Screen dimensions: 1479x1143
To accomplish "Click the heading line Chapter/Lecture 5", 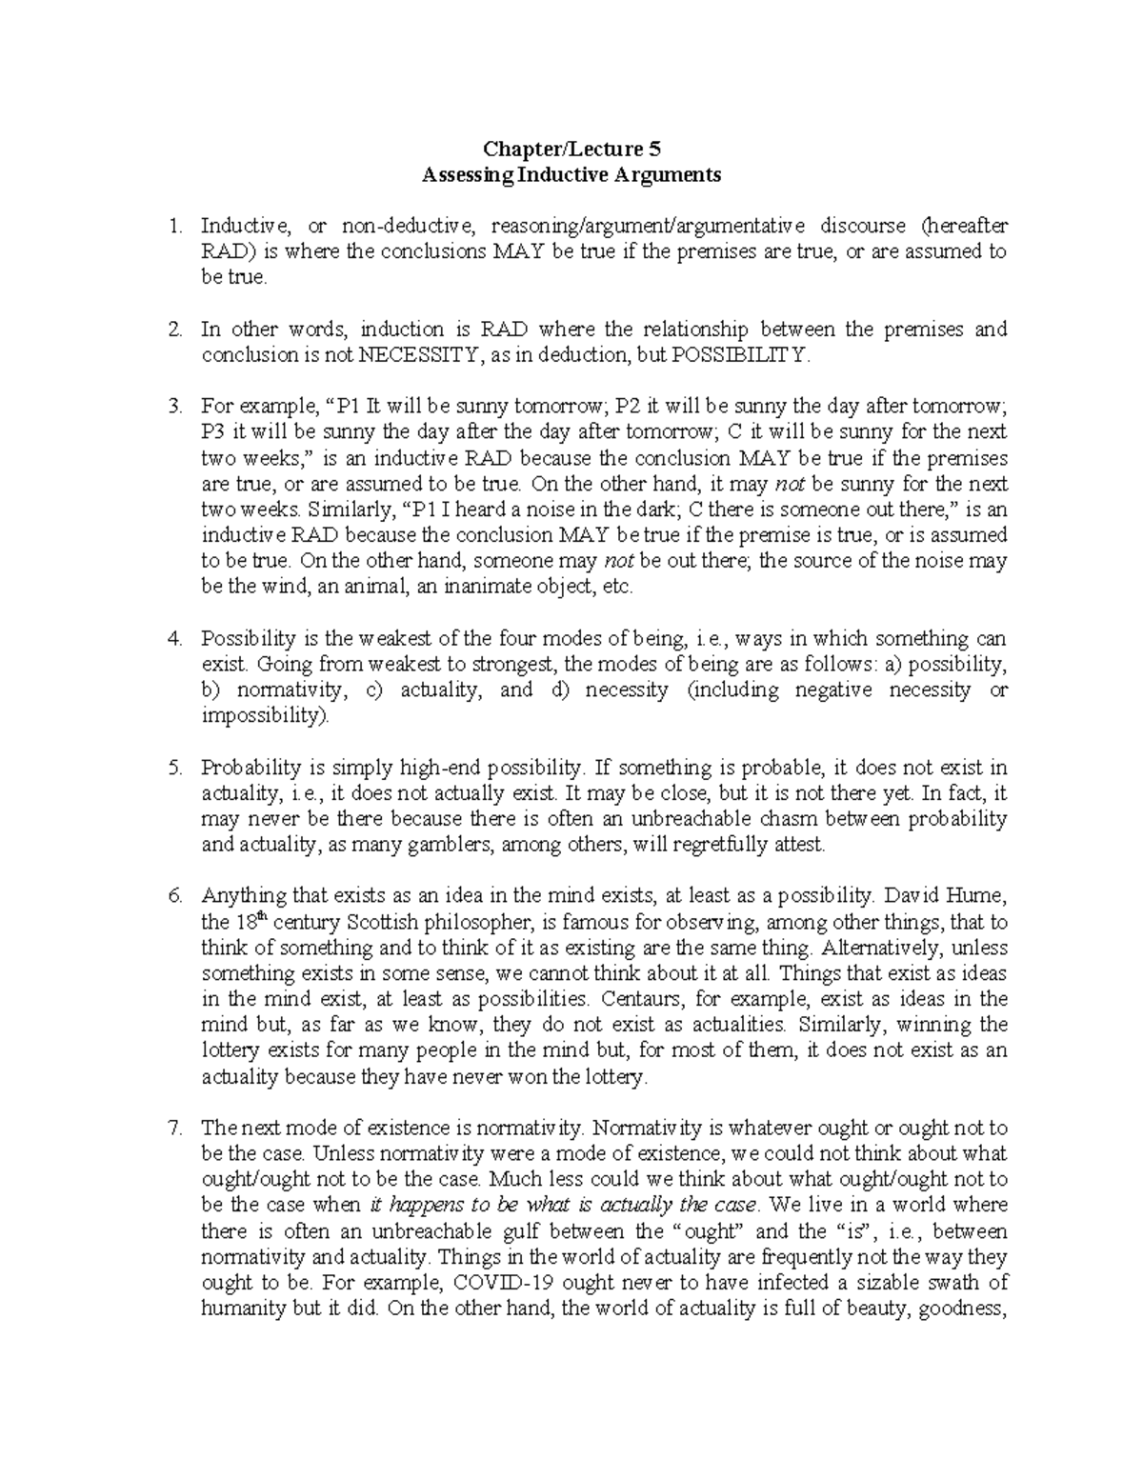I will [571, 149].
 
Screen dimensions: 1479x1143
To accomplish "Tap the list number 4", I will [173, 639].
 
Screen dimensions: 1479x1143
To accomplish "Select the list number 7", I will [173, 1129].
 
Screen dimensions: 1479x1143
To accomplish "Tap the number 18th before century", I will [245, 921].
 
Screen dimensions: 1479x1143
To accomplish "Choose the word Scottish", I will [381, 922].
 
